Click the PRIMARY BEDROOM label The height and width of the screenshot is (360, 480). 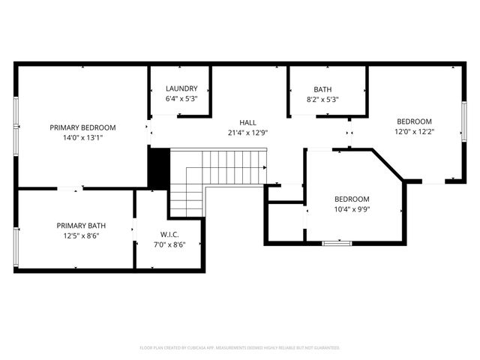point(82,127)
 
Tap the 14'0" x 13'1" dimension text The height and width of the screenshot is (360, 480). point(82,137)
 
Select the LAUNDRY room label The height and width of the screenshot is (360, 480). point(181,88)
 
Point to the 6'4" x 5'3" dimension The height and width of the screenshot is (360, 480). point(181,98)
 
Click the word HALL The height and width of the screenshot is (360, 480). point(247,122)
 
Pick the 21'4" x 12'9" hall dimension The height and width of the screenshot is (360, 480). point(247,132)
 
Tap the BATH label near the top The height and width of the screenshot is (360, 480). point(322,88)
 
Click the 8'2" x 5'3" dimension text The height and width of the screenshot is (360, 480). point(322,98)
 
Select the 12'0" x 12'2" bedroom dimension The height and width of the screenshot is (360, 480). point(414,131)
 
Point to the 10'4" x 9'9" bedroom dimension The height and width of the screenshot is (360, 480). point(352,208)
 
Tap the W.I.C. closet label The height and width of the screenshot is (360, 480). point(169,234)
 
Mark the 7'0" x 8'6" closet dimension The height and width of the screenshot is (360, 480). point(169,244)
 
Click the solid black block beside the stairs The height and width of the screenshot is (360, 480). point(159,169)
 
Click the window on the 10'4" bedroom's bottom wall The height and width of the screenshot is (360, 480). point(337,243)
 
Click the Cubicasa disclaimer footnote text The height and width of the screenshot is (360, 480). point(240,348)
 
